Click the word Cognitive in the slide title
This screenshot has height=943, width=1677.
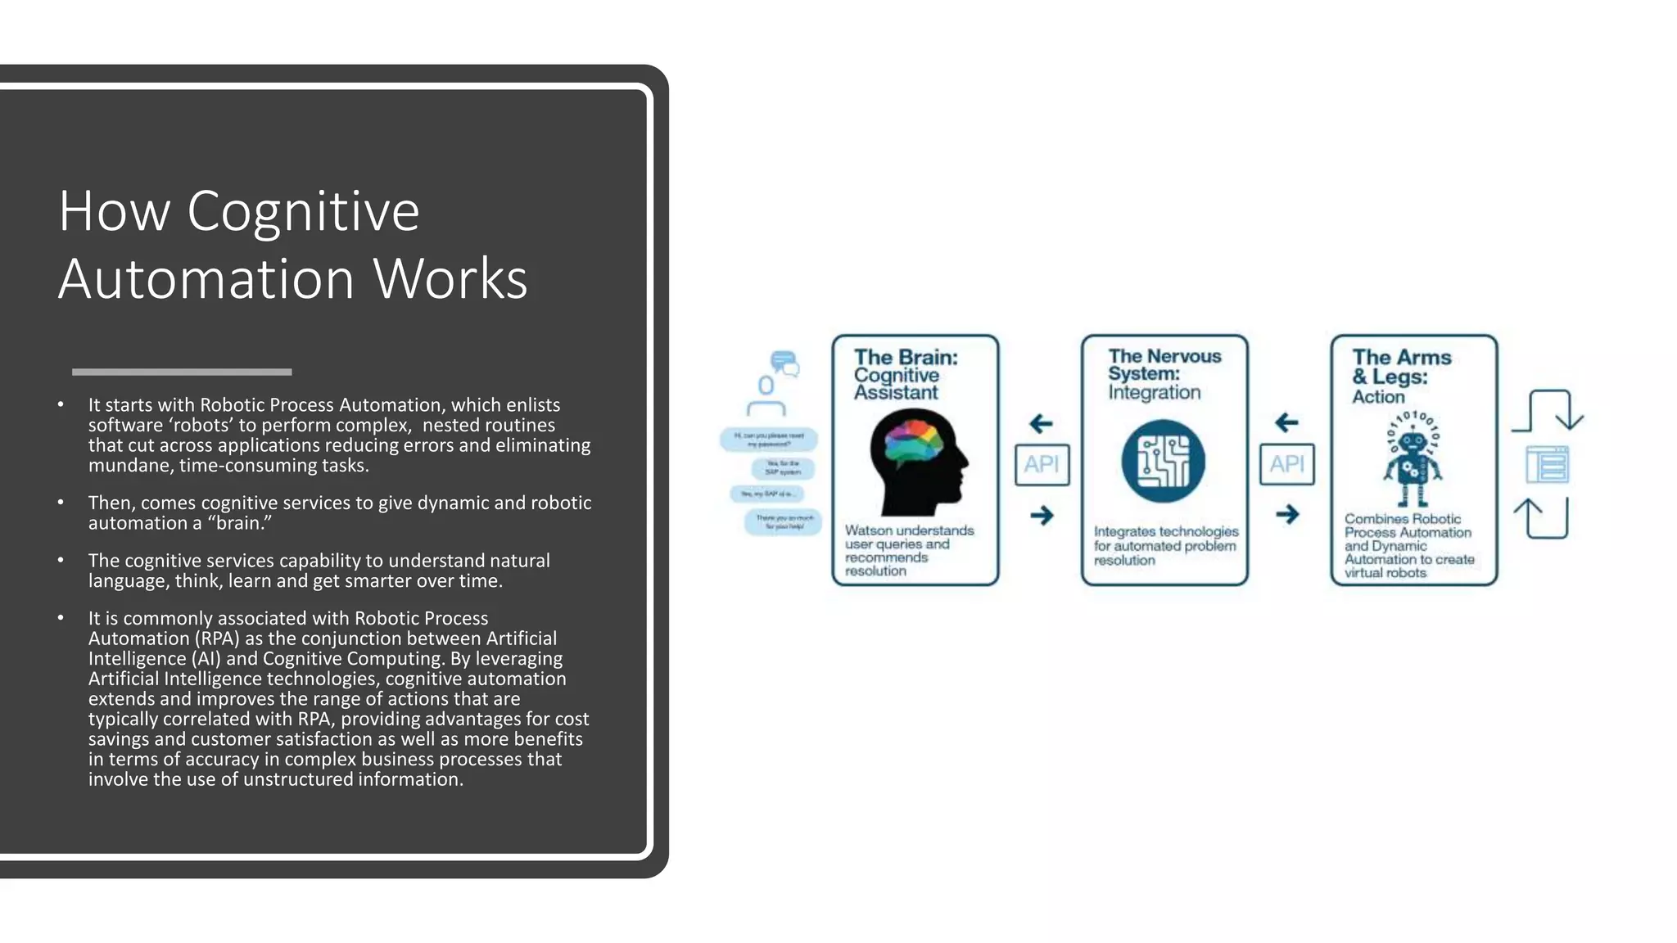[x=303, y=212]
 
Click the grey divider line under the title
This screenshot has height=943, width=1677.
[x=182, y=372]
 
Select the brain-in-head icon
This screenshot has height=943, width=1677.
[x=917, y=461]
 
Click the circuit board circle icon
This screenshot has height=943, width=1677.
[x=1163, y=461]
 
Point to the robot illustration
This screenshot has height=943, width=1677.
[x=1413, y=458]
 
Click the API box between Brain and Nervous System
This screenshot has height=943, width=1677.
[x=1042, y=464]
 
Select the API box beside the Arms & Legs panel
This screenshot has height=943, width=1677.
[x=1286, y=464]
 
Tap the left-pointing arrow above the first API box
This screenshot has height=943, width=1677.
[x=1041, y=423]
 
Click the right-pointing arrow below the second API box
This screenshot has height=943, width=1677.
[x=1287, y=514]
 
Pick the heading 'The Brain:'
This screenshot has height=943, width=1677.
[x=906, y=357]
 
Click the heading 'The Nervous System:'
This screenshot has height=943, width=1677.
[x=1164, y=364]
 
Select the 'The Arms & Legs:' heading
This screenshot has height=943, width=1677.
[x=1401, y=367]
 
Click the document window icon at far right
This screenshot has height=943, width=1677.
[x=1547, y=465]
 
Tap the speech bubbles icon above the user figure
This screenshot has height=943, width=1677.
[x=784, y=363]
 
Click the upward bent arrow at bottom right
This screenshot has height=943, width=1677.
[x=1541, y=518]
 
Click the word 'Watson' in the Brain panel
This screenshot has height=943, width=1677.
[x=869, y=530]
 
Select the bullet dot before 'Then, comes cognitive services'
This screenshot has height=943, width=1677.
[x=61, y=502]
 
